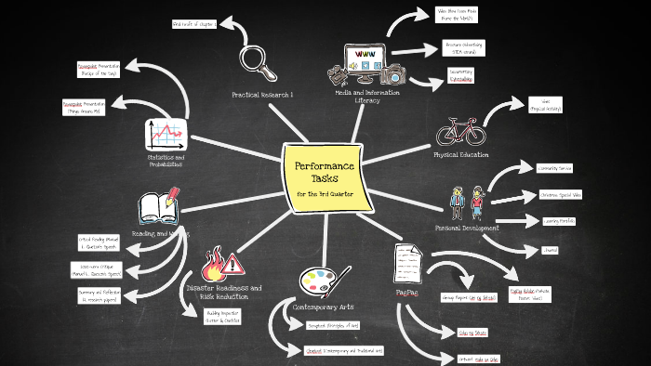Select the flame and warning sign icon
(222, 263)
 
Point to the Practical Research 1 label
(261, 95)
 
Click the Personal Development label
(467, 228)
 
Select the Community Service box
(554, 168)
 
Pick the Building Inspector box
(221, 316)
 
